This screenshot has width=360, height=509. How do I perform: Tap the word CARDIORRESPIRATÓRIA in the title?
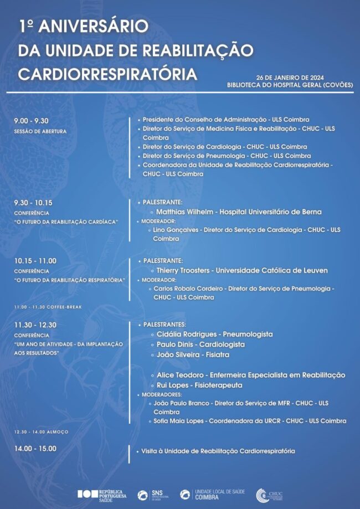[x=107, y=74]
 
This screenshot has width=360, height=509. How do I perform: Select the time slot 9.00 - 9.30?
[x=32, y=121]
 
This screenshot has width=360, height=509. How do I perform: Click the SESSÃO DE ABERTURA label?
[x=40, y=131]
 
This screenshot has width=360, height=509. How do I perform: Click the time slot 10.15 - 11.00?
[x=35, y=261]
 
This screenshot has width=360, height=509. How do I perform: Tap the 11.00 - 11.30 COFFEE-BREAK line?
[x=48, y=306]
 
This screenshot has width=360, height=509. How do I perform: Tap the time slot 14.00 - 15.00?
[x=35, y=449]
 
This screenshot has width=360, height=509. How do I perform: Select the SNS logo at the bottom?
[x=150, y=495]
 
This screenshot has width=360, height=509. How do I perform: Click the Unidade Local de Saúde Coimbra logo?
[x=213, y=495]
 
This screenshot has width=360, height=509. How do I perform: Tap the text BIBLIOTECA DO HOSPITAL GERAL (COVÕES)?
[x=290, y=85]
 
